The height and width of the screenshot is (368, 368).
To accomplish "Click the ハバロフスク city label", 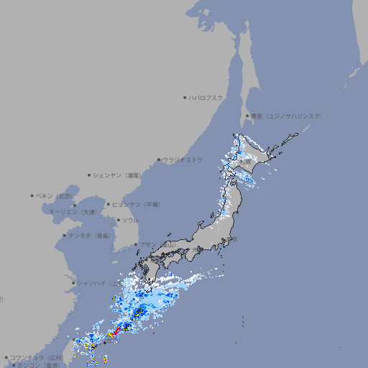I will (206, 98).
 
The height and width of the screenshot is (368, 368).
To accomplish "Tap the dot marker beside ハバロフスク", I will (185, 98).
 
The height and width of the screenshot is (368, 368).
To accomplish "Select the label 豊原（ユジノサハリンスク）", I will (287, 116).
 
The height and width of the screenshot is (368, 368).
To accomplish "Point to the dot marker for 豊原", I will (247, 116).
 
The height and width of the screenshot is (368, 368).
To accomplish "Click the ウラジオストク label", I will (183, 160).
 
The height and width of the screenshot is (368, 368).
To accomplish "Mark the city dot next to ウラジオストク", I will (159, 160).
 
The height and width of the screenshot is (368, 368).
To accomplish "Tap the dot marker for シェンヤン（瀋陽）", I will (90, 175).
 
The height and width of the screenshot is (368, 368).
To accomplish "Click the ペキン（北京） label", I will (55, 195).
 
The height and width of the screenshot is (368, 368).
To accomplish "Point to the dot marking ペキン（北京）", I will (32, 195).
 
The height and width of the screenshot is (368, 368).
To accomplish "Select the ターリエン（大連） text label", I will (72, 212).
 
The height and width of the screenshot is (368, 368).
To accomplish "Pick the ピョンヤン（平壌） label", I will (136, 205).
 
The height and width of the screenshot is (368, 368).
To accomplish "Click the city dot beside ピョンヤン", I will (109, 205).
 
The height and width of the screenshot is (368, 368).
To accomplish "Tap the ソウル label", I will (130, 221).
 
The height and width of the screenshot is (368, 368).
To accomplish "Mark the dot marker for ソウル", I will (118, 221).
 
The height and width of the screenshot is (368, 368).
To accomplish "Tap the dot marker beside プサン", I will (136, 244).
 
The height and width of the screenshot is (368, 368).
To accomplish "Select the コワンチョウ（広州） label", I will (36, 357).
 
